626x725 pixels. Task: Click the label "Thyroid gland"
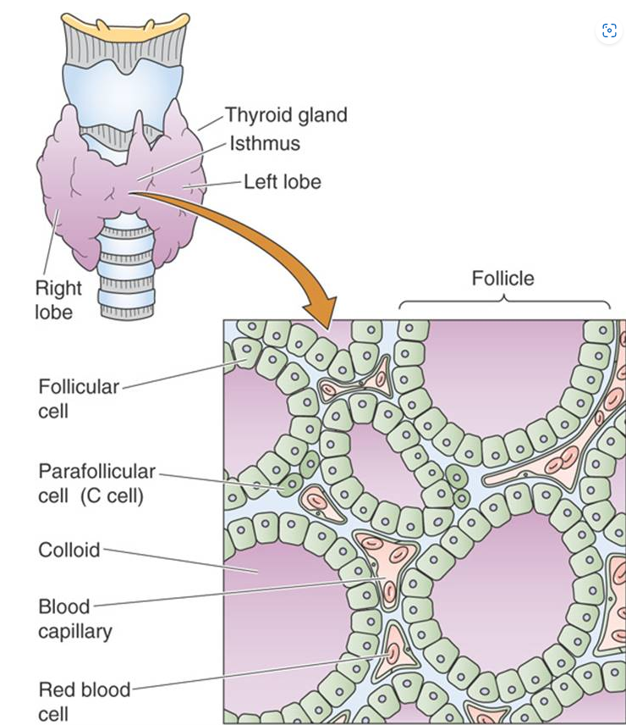(285, 115)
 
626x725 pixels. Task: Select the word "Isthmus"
(264, 143)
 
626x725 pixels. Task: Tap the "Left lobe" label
(282, 181)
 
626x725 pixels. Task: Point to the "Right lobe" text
(58, 300)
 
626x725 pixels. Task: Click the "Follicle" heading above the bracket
(502, 278)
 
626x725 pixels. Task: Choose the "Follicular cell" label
(79, 398)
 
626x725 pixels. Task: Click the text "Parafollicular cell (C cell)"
(96, 483)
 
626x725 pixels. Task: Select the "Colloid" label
(69, 550)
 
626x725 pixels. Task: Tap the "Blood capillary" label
(75, 618)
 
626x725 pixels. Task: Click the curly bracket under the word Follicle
(504, 303)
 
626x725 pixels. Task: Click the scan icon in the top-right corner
(609, 31)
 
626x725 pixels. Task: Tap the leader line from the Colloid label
(178, 561)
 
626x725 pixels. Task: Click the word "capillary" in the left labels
(75, 631)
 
